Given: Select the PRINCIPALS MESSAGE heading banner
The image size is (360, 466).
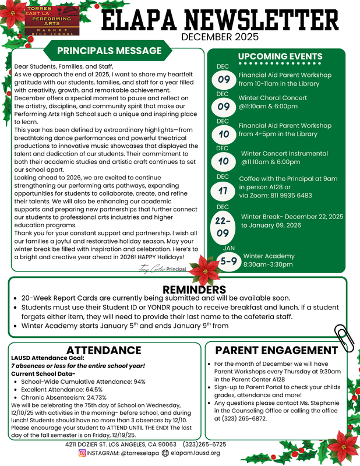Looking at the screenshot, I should [110, 51].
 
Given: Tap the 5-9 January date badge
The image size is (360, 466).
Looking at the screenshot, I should [229, 262].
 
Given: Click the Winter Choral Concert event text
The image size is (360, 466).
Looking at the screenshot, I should [273, 98].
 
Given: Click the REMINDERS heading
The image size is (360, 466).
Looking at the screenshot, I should [194, 290].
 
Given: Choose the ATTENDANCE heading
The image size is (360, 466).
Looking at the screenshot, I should [104, 350].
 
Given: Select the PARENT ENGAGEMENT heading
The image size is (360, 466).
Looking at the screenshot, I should [276, 350].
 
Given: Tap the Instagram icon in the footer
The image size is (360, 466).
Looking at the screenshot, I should [82, 453].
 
